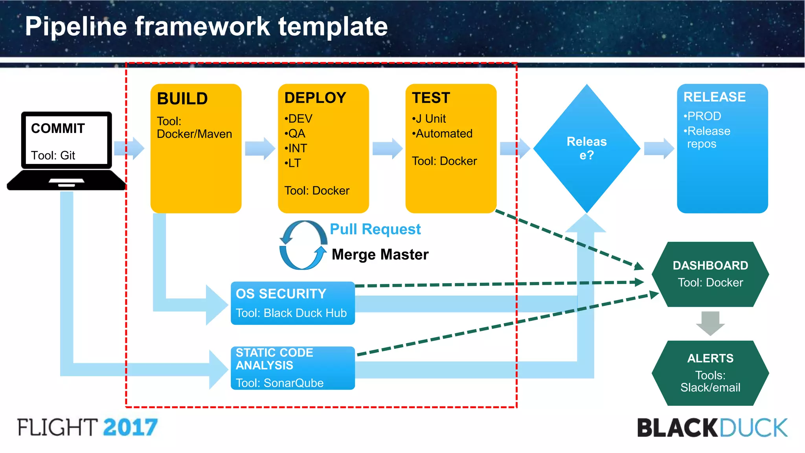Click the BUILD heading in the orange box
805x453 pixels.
pos(182,99)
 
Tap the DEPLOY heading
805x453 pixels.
pos(315,98)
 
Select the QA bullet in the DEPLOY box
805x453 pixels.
pos(296,134)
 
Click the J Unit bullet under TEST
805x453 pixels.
pos(429,119)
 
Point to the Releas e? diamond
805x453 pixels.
pos(586,148)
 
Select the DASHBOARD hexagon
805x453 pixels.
pos(710,274)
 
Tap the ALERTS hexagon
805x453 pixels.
pos(710,372)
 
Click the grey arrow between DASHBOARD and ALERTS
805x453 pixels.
pos(710,323)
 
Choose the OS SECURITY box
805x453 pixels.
pos(292,303)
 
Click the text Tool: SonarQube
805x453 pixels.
pos(279,383)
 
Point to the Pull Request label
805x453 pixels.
pos(375,229)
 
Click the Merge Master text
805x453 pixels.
pos(380,255)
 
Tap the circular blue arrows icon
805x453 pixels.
pos(303,245)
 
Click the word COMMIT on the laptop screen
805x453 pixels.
pos(58,129)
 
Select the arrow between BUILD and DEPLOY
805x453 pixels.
pos(260,149)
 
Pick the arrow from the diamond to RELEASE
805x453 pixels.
pos(659,149)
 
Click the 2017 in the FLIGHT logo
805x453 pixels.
pos(130,427)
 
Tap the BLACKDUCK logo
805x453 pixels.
pos(712,428)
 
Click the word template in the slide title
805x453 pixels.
pos(333,27)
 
